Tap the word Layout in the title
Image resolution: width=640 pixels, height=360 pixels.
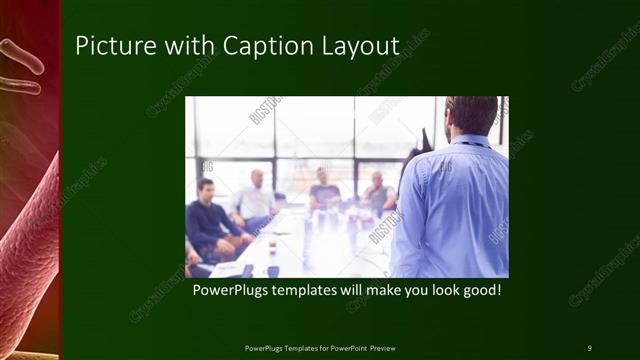(x=354, y=46)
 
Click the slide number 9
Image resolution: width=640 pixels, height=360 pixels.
(x=589, y=347)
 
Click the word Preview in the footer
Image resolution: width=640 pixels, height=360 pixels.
(x=382, y=347)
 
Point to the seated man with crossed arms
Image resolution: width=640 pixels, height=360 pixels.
(x=377, y=194)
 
